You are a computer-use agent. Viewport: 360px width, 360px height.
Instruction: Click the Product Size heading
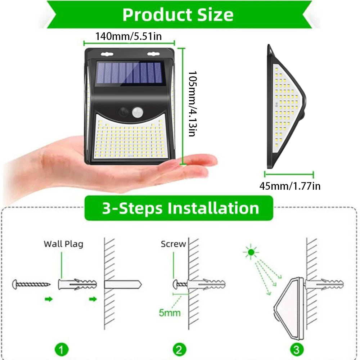pos(178,15)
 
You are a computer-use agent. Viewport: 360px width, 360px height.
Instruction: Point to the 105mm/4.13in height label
pos(192,104)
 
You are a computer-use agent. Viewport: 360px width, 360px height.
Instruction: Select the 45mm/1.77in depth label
pos(290,186)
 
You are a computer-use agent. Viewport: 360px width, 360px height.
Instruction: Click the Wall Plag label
pos(63,244)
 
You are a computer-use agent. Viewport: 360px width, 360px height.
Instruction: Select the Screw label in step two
pos(173,244)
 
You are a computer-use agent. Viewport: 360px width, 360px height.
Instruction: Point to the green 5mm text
pos(170,312)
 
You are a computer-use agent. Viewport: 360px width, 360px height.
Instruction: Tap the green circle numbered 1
pos(62,349)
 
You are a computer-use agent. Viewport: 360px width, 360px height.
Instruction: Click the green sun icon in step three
pos(251,253)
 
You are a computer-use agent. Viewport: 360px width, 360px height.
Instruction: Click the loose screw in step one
pos(31,284)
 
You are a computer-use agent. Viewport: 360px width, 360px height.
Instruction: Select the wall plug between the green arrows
pos(77,284)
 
